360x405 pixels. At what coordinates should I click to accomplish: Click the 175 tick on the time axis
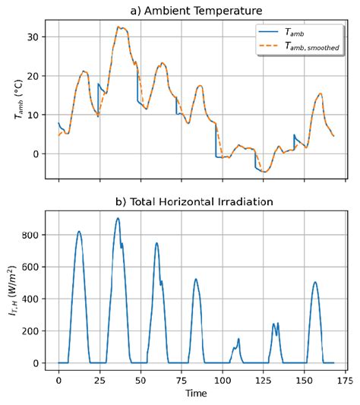(344, 379)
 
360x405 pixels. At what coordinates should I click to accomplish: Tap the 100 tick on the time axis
(222, 379)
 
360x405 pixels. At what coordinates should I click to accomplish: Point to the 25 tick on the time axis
(99, 379)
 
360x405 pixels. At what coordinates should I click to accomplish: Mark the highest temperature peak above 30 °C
(119, 27)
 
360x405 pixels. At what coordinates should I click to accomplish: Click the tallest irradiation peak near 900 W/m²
(118, 219)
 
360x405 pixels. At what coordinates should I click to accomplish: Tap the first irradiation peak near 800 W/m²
(78, 232)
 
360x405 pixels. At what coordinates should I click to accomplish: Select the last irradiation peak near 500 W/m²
(314, 283)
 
